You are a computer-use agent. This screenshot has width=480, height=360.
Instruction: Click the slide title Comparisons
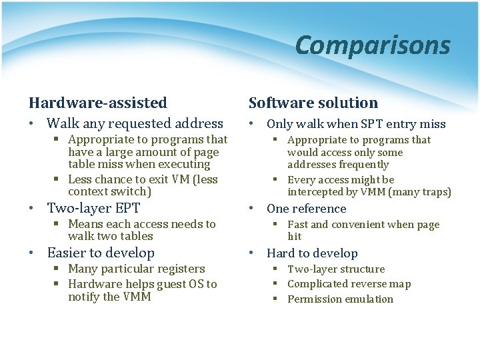372,45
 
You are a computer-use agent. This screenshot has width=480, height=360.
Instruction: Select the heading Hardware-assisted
97,103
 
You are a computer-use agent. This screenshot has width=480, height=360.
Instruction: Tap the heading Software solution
313,103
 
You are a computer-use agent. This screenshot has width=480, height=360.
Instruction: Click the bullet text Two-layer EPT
93,207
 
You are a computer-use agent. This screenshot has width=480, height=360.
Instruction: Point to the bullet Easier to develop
100,253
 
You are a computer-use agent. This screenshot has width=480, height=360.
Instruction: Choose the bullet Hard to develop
312,253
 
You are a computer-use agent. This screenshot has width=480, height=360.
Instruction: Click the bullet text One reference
306,209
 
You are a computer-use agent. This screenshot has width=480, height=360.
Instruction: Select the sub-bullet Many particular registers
136,269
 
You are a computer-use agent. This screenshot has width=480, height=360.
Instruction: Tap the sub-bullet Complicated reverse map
349,284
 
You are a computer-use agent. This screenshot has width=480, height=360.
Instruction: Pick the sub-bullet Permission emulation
340,299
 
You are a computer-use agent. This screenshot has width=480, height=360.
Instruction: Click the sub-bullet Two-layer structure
336,269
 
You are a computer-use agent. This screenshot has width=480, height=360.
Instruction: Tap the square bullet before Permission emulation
275,299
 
